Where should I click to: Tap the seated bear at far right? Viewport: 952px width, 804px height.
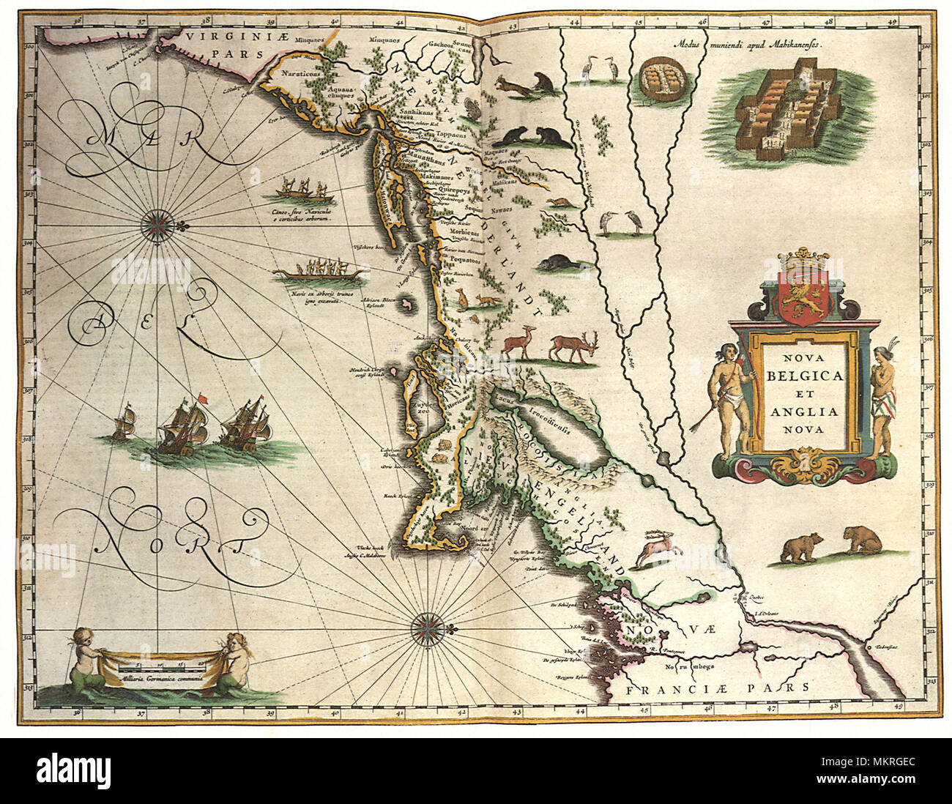tap(863, 542)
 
